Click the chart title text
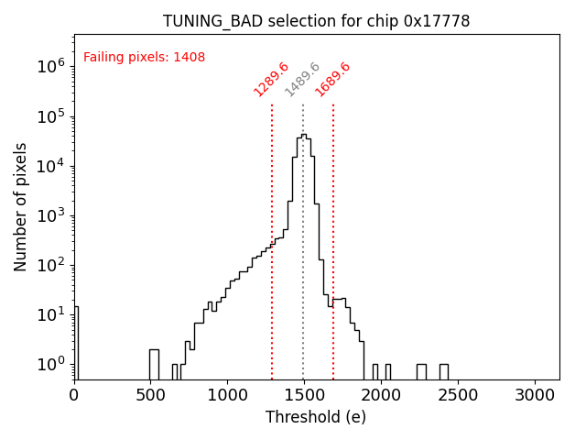(x=316, y=21)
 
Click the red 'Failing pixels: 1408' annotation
(x=144, y=58)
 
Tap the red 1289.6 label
(x=271, y=80)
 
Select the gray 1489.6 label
(x=302, y=80)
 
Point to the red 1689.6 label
(x=332, y=80)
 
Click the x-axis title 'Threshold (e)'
(x=316, y=417)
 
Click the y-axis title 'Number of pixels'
(x=21, y=206)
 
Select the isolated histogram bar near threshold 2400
(x=443, y=371)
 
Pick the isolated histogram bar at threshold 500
(x=154, y=364)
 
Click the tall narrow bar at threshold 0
(x=76, y=344)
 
